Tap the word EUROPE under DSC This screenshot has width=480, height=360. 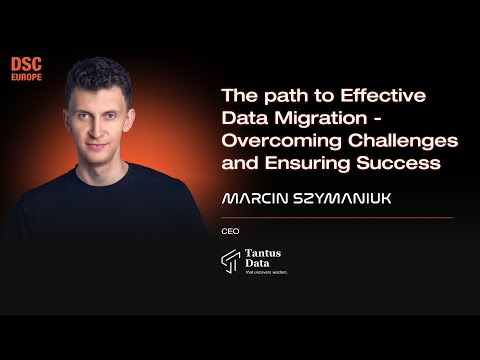tap(26, 77)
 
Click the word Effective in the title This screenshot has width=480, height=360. tap(384, 96)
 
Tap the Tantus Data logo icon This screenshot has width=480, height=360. tap(230, 260)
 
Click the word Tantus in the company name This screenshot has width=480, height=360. tap(262, 253)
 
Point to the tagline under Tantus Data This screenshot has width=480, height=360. tap(266, 272)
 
